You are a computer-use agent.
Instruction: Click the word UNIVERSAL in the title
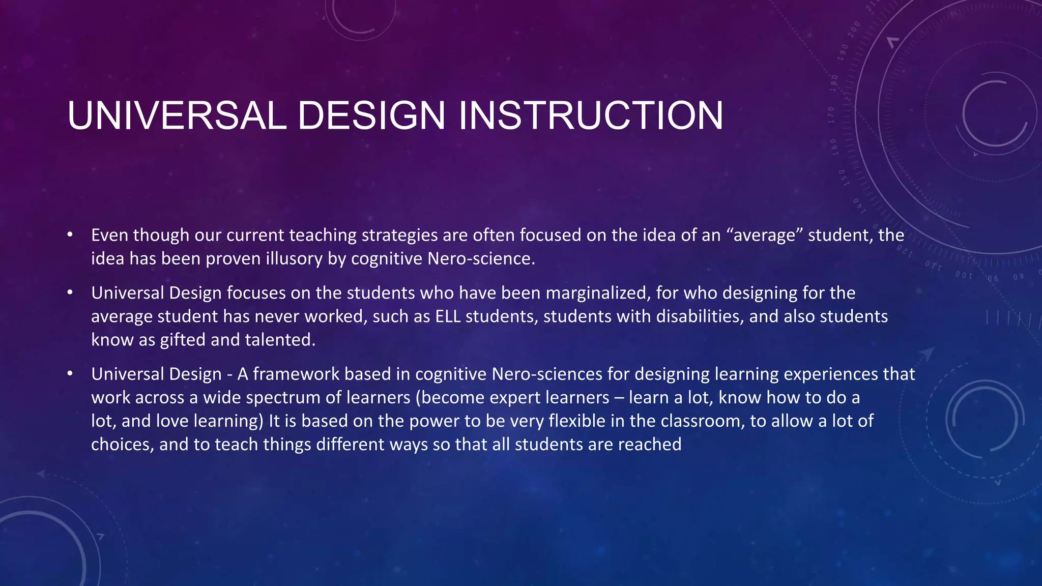click(177, 115)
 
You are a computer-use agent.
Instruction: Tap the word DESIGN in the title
click(371, 115)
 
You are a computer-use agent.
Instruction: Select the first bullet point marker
click(70, 235)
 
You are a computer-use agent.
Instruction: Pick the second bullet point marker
click(70, 293)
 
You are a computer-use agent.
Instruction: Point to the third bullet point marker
click(70, 374)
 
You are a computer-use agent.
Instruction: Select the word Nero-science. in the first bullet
click(481, 259)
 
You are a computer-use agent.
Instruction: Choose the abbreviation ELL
click(448, 316)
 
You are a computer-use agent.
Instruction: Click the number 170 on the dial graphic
click(831, 115)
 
